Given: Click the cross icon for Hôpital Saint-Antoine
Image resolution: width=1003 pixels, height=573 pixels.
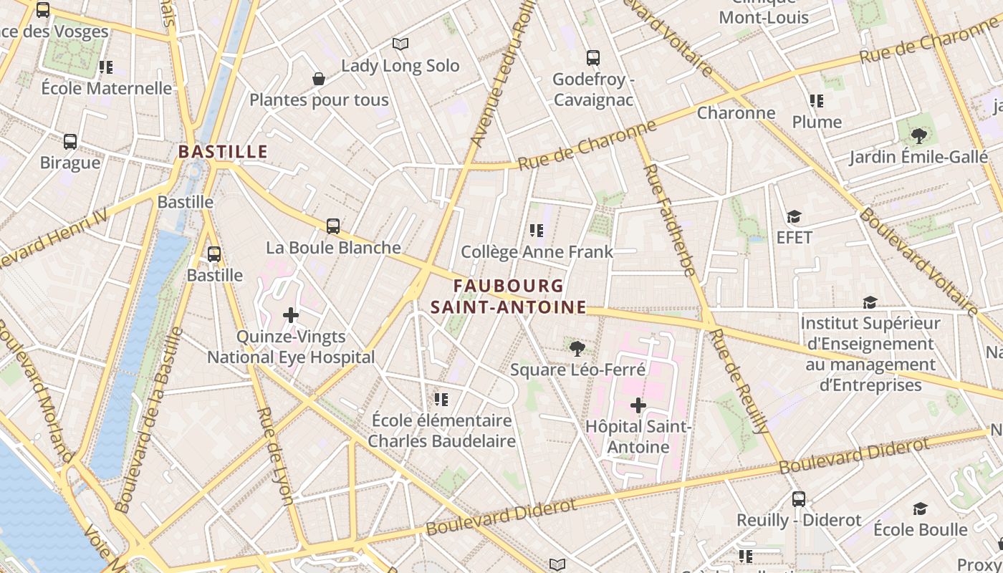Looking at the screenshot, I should click(638, 406).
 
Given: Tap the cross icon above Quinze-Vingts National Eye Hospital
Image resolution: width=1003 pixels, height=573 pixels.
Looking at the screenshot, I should click(291, 315).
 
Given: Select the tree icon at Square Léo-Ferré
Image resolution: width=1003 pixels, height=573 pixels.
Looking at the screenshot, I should click(577, 349).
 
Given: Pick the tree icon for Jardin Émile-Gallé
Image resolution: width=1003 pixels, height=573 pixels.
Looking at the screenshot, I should click(918, 135).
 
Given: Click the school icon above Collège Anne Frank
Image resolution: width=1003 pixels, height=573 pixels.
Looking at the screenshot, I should click(536, 231).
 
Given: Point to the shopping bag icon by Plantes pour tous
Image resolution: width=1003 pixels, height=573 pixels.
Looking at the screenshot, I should click(319, 79).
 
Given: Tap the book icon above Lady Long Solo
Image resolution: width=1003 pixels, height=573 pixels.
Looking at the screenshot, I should click(400, 44).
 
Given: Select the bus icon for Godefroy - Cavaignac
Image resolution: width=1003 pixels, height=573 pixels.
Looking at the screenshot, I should click(592, 58).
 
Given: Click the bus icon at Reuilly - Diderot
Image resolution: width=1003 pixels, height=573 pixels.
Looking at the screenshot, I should click(799, 499).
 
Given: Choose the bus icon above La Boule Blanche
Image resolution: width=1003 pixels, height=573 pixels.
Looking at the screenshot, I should click(333, 226).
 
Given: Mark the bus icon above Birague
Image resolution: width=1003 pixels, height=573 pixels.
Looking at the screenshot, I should click(70, 142).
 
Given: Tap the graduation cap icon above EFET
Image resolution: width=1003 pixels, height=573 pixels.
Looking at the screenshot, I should click(794, 216).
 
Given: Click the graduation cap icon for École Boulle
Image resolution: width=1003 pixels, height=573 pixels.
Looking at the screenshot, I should click(921, 509).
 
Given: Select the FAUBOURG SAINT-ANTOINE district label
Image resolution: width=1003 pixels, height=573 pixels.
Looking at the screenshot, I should click(508, 297).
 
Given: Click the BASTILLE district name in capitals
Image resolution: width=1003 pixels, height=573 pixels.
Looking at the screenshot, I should click(223, 152).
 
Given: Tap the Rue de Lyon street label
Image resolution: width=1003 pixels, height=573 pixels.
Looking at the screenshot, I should click(275, 456).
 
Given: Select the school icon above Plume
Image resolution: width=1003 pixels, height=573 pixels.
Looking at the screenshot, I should click(817, 101).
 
